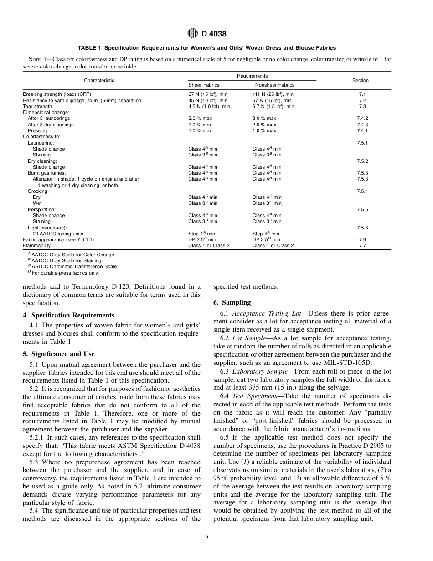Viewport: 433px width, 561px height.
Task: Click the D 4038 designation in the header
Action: tap(214, 34)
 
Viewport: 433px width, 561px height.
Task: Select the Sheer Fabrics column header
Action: tap(204, 85)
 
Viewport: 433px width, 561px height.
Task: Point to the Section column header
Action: tap(360, 81)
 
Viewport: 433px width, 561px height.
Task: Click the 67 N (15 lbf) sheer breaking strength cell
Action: tap(207, 94)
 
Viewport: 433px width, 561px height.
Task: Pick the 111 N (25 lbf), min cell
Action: tap(273, 94)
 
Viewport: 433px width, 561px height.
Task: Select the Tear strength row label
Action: tap(37, 106)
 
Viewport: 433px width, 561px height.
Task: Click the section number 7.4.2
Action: tap(362, 119)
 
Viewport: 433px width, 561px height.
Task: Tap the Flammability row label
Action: tap(37, 245)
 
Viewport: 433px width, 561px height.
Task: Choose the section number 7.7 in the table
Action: tap(362, 245)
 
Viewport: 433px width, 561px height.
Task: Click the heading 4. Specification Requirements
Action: tap(68, 315)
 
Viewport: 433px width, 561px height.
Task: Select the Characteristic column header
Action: tap(99, 81)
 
